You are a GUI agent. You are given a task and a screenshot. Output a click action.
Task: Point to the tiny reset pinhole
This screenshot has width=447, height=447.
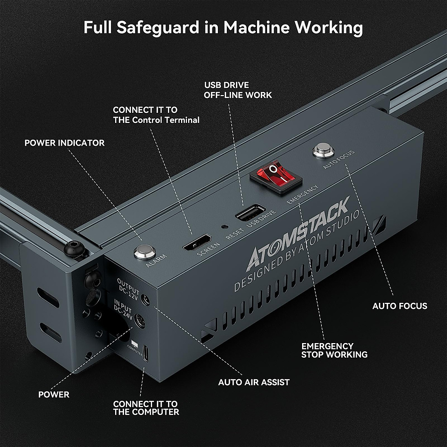click(225, 226)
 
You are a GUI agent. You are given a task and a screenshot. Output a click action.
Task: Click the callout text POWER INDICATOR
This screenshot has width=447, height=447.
click(64, 143)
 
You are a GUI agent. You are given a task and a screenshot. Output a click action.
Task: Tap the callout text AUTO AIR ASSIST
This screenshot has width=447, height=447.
click(254, 382)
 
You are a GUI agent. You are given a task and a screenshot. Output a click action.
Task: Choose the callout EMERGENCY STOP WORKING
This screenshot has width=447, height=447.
click(334, 350)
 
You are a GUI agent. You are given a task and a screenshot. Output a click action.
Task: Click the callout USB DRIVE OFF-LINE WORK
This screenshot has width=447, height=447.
click(238, 90)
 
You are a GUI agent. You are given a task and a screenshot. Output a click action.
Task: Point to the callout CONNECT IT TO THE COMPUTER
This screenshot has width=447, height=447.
click(146, 408)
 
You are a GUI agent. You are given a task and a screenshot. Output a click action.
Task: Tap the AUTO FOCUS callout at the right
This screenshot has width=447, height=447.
click(400, 306)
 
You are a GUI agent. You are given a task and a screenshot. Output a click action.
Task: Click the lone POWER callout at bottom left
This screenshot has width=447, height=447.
click(54, 394)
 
